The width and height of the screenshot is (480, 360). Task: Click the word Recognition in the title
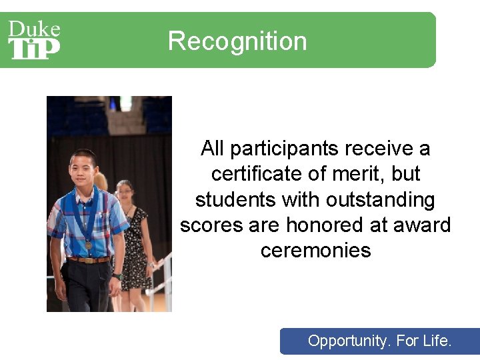[x=237, y=41]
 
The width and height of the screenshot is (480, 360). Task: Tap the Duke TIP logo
[x=34, y=40]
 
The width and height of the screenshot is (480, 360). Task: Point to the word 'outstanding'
[x=378, y=199]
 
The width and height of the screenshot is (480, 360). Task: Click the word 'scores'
[x=211, y=225]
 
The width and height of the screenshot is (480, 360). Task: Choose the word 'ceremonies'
[x=315, y=251]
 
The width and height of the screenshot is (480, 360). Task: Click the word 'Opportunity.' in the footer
[x=349, y=341]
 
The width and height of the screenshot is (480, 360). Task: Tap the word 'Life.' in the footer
[x=437, y=341]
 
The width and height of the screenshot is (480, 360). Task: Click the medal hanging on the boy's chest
[x=88, y=245]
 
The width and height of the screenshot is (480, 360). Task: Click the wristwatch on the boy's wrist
[x=117, y=276]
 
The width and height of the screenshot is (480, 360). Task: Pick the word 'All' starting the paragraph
[x=213, y=148]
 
